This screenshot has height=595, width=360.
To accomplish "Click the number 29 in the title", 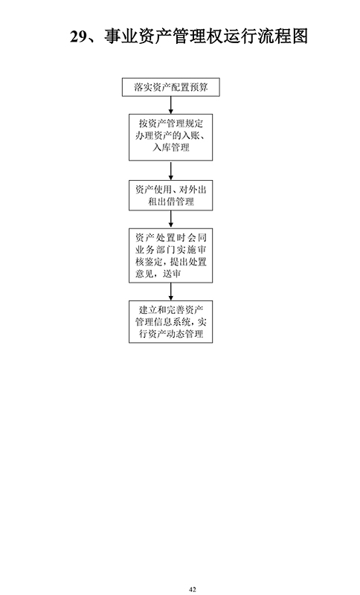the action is coord(79,36).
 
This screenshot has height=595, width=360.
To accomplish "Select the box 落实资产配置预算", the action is coord(171,87).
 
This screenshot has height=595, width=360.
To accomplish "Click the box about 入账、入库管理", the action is coord(171,137).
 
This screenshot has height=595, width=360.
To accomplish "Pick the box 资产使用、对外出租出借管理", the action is coord(171,196).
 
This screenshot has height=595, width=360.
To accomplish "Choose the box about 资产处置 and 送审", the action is coord(171,255).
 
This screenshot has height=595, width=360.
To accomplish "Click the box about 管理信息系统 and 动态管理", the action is coord(171,322).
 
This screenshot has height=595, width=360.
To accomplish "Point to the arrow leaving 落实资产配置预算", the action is coord(171,105).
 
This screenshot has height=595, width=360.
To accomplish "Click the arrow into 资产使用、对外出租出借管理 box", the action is coord(171,170).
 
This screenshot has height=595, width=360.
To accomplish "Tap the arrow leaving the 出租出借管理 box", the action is coord(171,219).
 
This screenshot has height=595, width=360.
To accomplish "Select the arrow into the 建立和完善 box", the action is coord(171,292).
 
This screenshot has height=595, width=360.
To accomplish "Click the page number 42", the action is coord(193,589).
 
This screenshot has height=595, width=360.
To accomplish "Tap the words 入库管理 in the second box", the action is coord(171,147).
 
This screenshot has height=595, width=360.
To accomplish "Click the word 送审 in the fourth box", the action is coord(172,274).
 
